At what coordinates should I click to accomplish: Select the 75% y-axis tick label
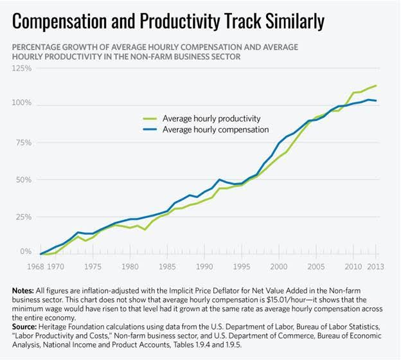click(x=24, y=142)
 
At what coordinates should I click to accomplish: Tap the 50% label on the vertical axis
click(x=24, y=179)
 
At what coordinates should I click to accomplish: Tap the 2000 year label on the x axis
click(x=278, y=266)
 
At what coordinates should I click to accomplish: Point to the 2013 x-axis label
click(x=376, y=266)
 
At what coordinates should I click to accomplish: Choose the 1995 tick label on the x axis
click(x=241, y=266)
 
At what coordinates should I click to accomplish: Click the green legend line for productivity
click(x=150, y=118)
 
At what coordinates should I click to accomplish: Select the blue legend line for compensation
click(x=150, y=129)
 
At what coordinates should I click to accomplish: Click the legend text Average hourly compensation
click(x=215, y=129)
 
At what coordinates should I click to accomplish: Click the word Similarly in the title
click(x=296, y=21)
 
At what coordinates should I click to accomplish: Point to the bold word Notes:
click(x=24, y=291)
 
